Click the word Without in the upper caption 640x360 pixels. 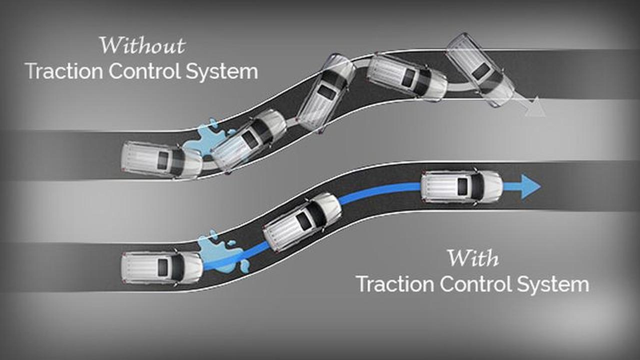[142, 45]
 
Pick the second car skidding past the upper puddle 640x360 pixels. [248, 140]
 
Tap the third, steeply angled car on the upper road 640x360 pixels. [326, 92]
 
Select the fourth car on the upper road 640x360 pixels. [406, 76]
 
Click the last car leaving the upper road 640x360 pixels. [479, 70]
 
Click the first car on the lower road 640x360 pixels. [161, 267]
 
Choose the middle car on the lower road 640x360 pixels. [302, 221]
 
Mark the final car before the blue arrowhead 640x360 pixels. [461, 186]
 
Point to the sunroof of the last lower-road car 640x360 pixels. [462, 186]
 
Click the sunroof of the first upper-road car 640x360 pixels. [163, 160]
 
